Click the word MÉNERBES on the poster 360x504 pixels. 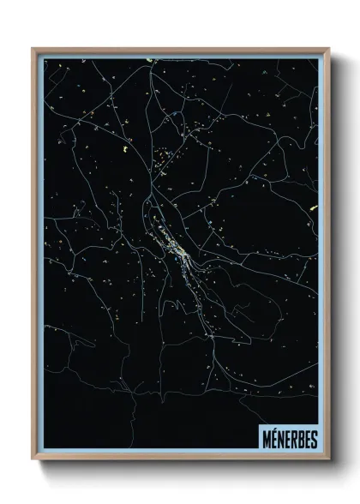(x=286, y=438)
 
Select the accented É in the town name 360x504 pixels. (x=271, y=439)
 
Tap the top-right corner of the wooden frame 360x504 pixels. (x=328, y=49)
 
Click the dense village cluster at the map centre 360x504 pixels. (x=177, y=249)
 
